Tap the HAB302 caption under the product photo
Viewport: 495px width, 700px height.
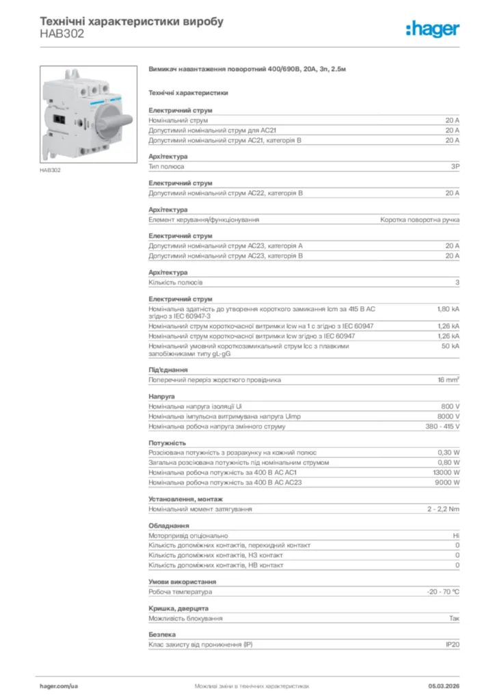(50, 170)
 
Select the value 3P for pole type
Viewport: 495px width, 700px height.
(455, 166)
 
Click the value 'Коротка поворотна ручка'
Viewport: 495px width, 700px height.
(420, 219)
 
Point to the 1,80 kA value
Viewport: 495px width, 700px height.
(449, 309)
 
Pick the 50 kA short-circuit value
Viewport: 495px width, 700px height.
(451, 346)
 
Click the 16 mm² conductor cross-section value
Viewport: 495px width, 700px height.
(449, 379)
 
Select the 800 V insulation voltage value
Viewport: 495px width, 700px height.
(451, 406)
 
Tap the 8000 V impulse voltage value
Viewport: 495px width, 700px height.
(449, 416)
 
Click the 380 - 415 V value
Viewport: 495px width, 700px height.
(442, 427)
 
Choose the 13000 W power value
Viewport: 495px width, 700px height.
(446, 472)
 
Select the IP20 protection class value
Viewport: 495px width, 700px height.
(453, 645)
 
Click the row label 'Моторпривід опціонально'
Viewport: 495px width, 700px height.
(189, 536)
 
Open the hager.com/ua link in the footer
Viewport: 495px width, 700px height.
(59, 686)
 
